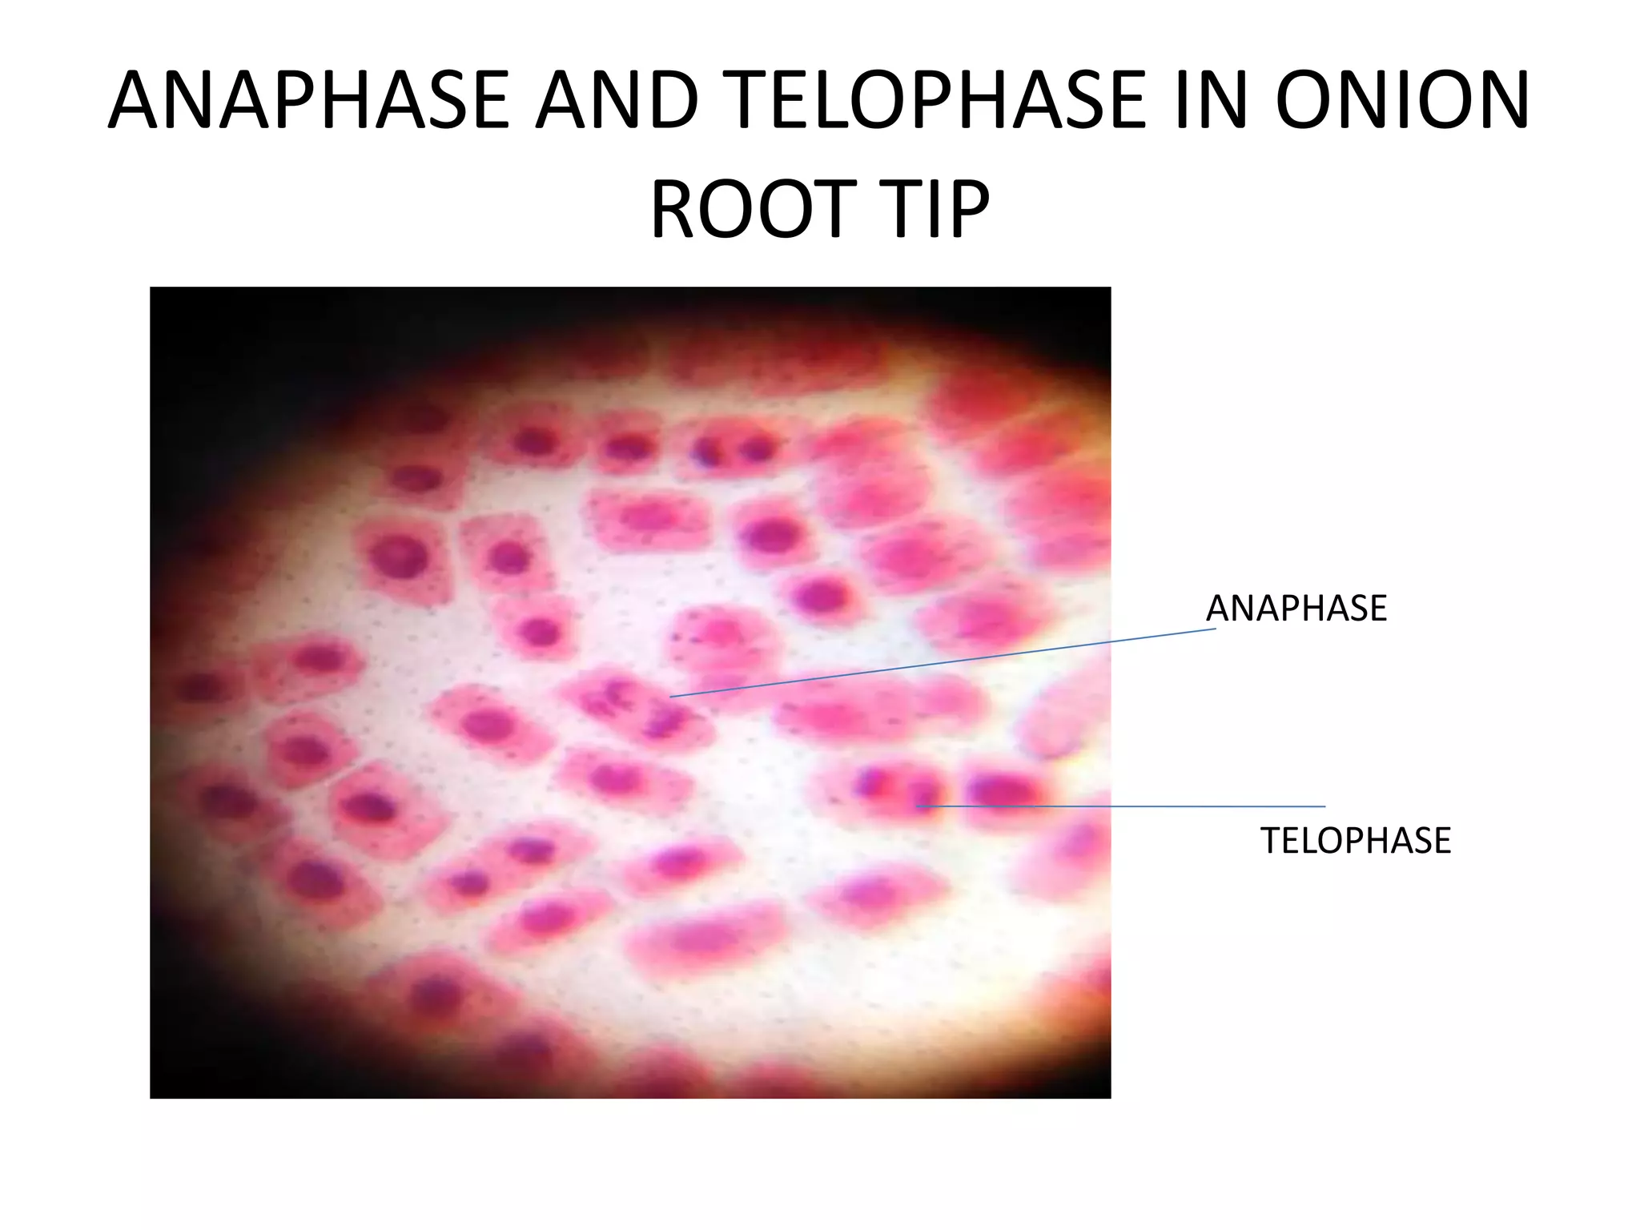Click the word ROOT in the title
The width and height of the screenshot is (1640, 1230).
click(x=749, y=210)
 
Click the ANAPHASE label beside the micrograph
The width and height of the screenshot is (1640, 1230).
click(x=1296, y=609)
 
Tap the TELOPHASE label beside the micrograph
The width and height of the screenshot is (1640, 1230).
click(x=1355, y=841)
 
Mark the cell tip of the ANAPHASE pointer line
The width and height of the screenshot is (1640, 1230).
click(x=671, y=697)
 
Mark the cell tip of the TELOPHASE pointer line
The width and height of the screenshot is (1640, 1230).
click(x=921, y=806)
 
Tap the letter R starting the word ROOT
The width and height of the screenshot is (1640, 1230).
click(x=674, y=210)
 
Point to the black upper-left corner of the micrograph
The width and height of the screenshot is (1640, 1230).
click(x=184, y=320)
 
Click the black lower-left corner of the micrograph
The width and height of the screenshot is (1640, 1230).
click(x=184, y=1065)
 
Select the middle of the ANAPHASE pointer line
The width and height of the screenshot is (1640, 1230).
click(x=943, y=663)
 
